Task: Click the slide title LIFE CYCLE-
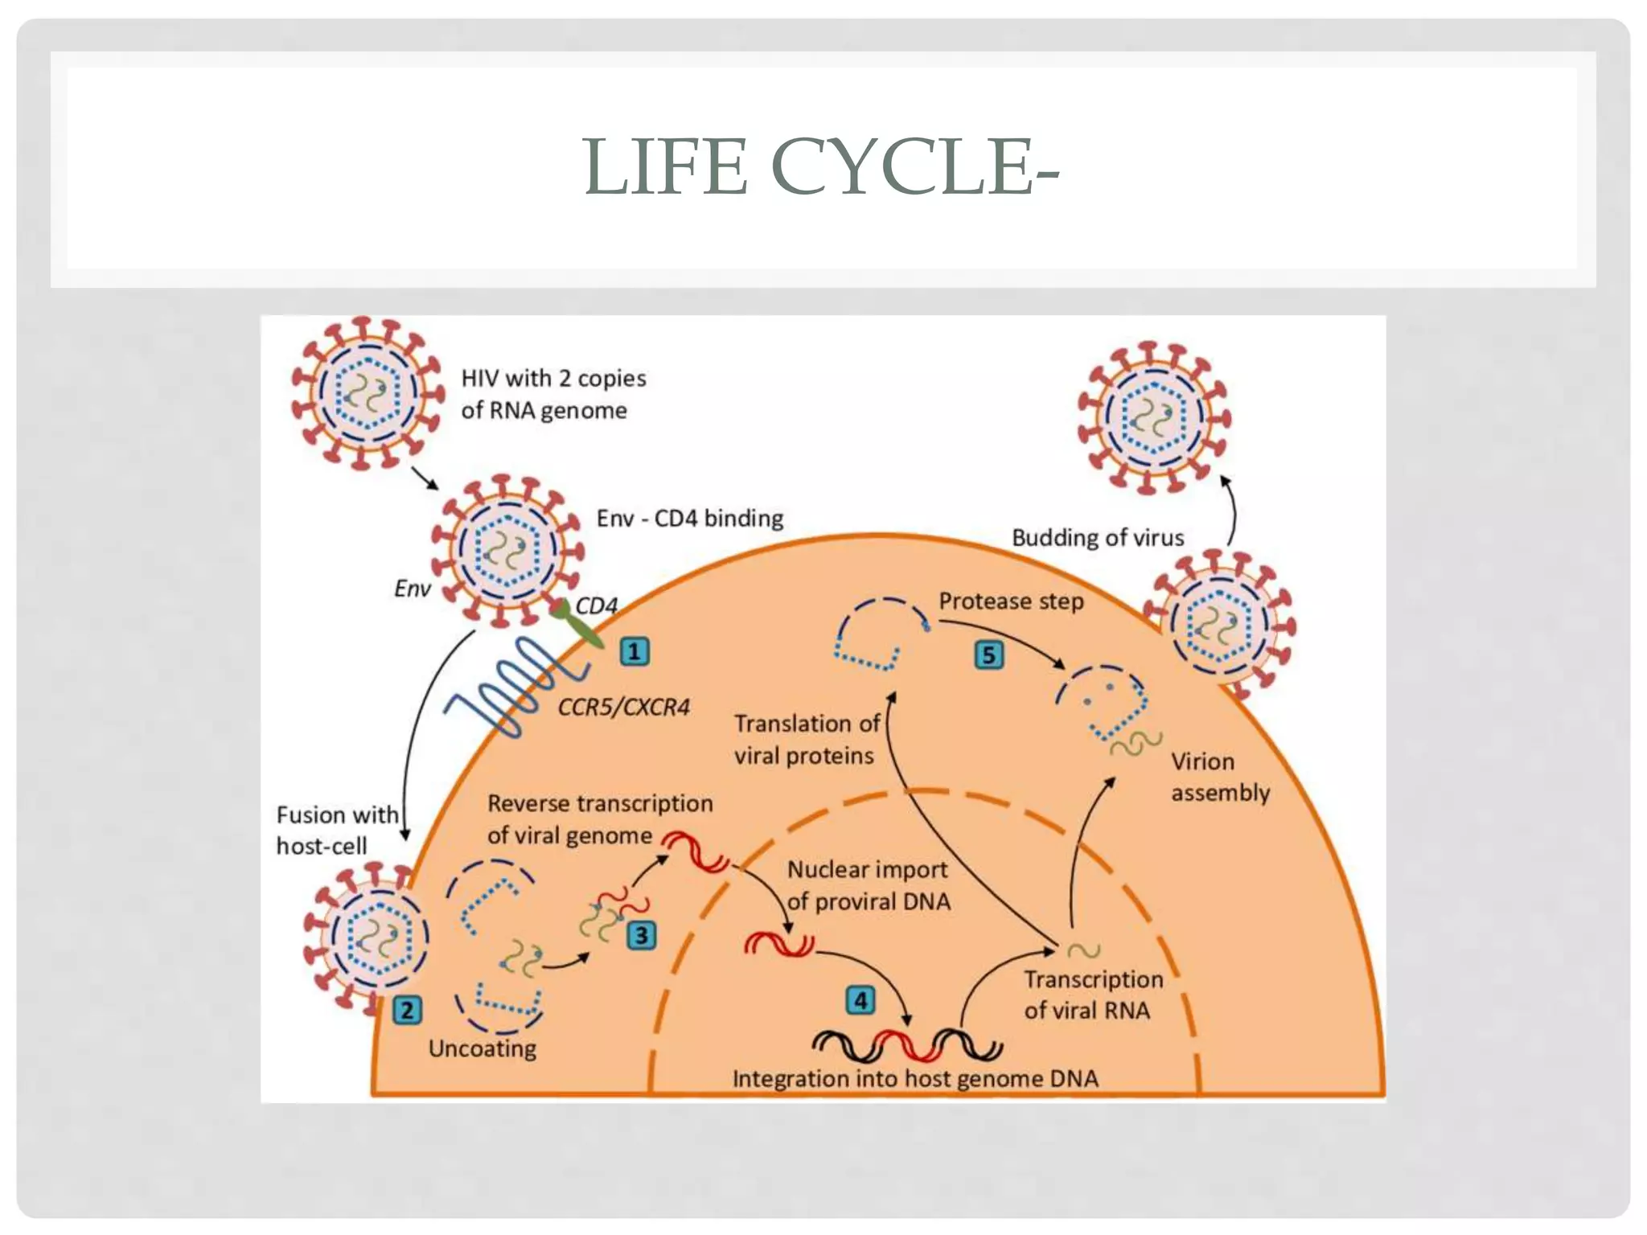coord(821,167)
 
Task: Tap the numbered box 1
coord(635,651)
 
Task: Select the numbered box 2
coord(407,1010)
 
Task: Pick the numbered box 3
coord(642,935)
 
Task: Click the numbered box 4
coord(860,1000)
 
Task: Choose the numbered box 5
coord(989,655)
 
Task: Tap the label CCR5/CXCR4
coord(624,708)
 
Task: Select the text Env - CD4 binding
coord(690,519)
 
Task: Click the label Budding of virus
coord(1098,538)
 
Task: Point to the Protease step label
coord(1011,601)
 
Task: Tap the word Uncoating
coord(483,1048)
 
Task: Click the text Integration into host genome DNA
coord(915,1079)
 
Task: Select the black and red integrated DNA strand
coord(907,1045)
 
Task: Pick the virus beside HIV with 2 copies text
coord(368,392)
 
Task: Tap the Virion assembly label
coord(1219,777)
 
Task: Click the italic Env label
coord(413,589)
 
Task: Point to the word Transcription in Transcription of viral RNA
coord(1093,979)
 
